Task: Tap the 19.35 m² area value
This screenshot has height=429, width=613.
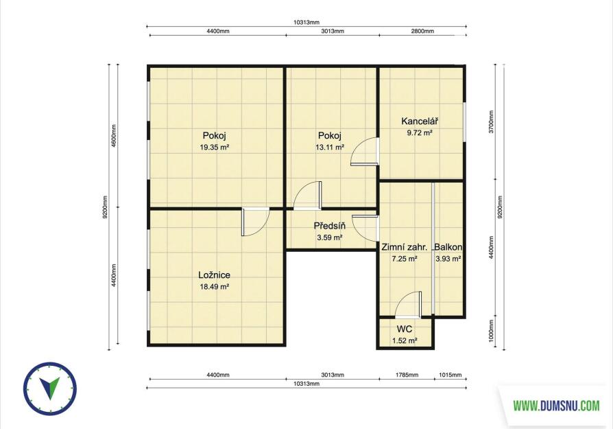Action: [x=214, y=148]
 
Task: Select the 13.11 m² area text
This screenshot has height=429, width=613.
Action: [x=330, y=148]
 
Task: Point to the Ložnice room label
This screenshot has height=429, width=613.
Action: [x=214, y=275]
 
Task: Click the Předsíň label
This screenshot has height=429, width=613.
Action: [x=330, y=226]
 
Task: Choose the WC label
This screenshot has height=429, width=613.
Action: [x=405, y=329]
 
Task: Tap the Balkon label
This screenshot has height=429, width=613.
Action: [x=448, y=247]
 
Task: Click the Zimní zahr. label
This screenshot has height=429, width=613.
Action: [x=405, y=247]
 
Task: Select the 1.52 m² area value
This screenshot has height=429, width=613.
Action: [x=405, y=341]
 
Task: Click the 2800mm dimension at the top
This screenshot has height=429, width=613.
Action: [x=422, y=32]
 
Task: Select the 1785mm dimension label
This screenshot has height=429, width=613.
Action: [x=407, y=375]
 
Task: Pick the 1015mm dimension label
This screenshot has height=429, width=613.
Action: [x=450, y=375]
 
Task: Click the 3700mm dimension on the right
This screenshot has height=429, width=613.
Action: [x=492, y=121]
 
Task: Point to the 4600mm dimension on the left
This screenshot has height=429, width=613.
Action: [x=114, y=136]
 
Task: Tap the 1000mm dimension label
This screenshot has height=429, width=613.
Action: [x=492, y=331]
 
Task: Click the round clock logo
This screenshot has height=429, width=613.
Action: [x=50, y=389]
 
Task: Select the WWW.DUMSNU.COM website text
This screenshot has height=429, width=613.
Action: [x=556, y=406]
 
